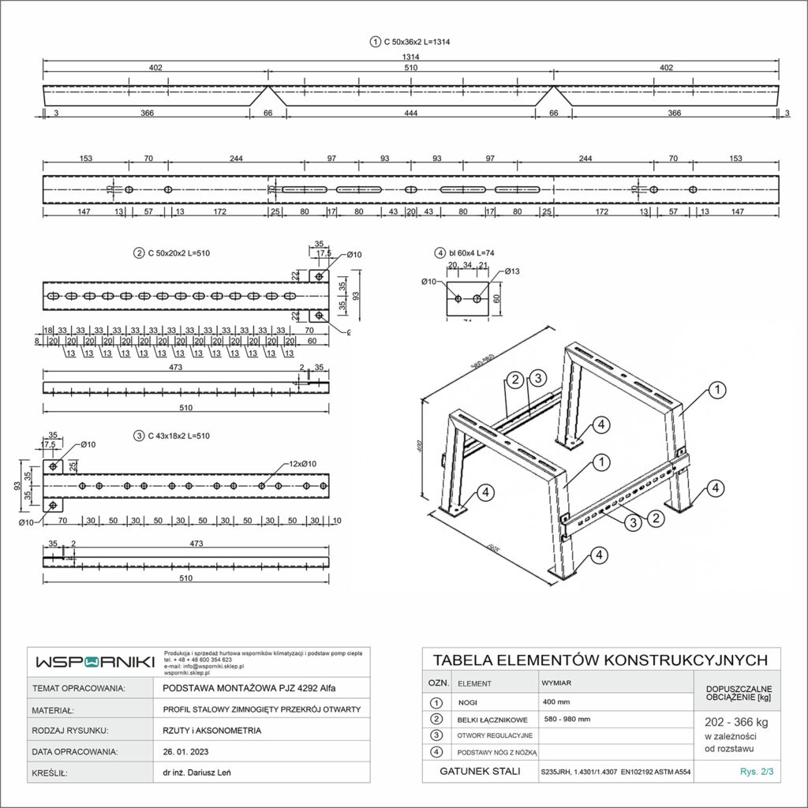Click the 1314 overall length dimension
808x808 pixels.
410,56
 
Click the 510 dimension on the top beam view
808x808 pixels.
410,69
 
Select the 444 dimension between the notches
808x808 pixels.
410,114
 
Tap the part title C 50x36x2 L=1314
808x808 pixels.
415,41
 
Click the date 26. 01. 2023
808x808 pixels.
186,752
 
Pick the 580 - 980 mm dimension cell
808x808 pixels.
567,719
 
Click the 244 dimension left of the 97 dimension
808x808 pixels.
236,159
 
